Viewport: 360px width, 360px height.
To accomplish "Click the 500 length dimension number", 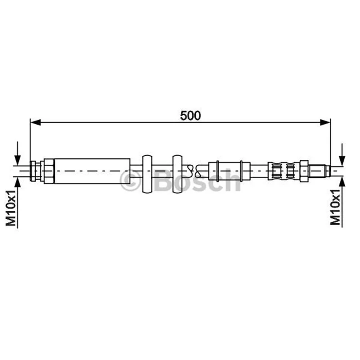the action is click(190, 116).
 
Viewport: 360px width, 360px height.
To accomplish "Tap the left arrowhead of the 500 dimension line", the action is click(36, 122).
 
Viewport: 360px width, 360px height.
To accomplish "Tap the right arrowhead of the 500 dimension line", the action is click(325, 122).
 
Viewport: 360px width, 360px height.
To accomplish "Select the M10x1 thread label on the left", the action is click(11, 208).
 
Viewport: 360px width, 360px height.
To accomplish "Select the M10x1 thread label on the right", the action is click(335, 207).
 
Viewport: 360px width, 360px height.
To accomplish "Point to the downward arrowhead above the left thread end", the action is click(18, 160).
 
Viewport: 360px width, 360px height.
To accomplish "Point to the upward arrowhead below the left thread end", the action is click(18, 182).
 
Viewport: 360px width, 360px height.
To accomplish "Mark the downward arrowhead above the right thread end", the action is click(342, 161).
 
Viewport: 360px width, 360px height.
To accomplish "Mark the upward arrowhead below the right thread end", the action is click(342, 182).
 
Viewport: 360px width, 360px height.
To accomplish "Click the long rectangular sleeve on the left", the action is click(92, 171).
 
